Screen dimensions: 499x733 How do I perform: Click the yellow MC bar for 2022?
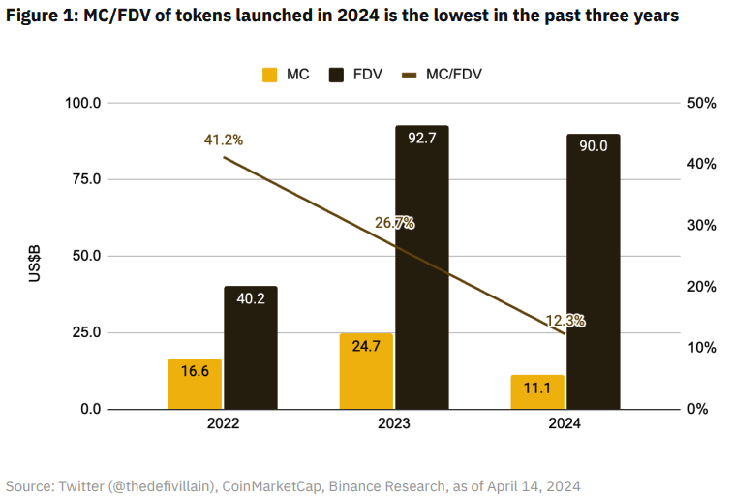pyautogui.click(x=195, y=384)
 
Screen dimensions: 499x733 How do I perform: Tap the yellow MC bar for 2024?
pyautogui.click(x=537, y=391)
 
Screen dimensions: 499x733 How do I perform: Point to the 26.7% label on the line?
pyautogui.click(x=394, y=223)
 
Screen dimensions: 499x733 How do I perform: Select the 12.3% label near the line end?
pyautogui.click(x=565, y=321)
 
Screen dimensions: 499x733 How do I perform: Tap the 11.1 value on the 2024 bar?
pyautogui.click(x=538, y=389)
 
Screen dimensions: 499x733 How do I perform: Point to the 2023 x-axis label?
pyautogui.click(x=394, y=424)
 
